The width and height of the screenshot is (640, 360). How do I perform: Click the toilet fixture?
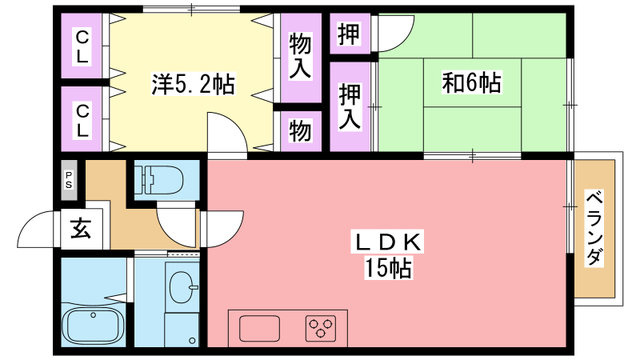coord(160,179)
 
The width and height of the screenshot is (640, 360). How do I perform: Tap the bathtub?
coord(93,326)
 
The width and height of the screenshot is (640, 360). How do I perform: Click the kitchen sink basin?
coord(260,328)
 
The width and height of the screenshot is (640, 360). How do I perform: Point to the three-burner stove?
coord(321,328)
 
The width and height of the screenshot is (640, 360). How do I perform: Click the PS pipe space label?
coord(68,180)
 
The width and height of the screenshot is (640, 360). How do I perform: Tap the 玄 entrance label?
coord(80,229)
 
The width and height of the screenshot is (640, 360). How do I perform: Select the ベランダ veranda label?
coord(594,228)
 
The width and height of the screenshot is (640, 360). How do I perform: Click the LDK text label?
coord(388,243)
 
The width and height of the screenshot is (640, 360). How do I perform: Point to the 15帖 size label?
coord(388,268)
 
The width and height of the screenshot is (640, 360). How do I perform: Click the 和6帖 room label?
coord(472,83)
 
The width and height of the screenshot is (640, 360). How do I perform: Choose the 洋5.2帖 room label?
coord(193,84)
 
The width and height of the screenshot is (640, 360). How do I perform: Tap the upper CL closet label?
coord(82,46)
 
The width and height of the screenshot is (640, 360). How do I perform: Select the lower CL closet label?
coord(82,121)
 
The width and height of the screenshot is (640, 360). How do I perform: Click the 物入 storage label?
coord(300,56)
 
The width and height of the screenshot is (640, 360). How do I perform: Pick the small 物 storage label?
coord(300,131)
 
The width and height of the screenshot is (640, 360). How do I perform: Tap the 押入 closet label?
coord(350,106)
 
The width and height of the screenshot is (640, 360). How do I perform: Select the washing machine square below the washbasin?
coord(182,329)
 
